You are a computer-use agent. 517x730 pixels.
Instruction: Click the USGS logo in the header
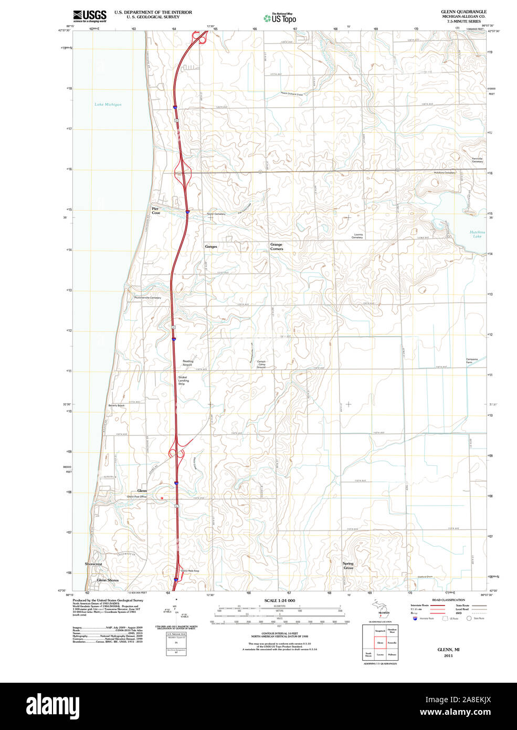click(90, 15)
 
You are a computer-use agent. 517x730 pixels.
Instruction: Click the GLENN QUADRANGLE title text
click(463, 12)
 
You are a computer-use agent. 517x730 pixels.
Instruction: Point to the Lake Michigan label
click(108, 105)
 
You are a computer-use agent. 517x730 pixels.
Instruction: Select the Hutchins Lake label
click(477, 234)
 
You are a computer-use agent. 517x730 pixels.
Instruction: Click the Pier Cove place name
click(156, 211)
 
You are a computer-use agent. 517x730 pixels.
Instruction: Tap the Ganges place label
click(211, 246)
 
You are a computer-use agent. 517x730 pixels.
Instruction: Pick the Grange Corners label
click(277, 246)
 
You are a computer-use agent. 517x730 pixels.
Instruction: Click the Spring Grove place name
click(349, 566)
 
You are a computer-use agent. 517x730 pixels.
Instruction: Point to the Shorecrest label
click(93, 564)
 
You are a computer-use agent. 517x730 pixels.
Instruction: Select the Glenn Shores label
click(108, 580)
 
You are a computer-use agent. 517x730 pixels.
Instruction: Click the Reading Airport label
click(188, 363)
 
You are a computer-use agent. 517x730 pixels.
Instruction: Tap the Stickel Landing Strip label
click(182, 380)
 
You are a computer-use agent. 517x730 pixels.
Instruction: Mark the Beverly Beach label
click(117, 405)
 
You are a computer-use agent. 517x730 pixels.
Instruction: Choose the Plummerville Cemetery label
click(147, 298)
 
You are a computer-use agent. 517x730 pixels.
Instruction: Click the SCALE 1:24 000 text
click(279, 600)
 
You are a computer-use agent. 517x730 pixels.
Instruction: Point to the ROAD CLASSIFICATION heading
click(448, 600)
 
